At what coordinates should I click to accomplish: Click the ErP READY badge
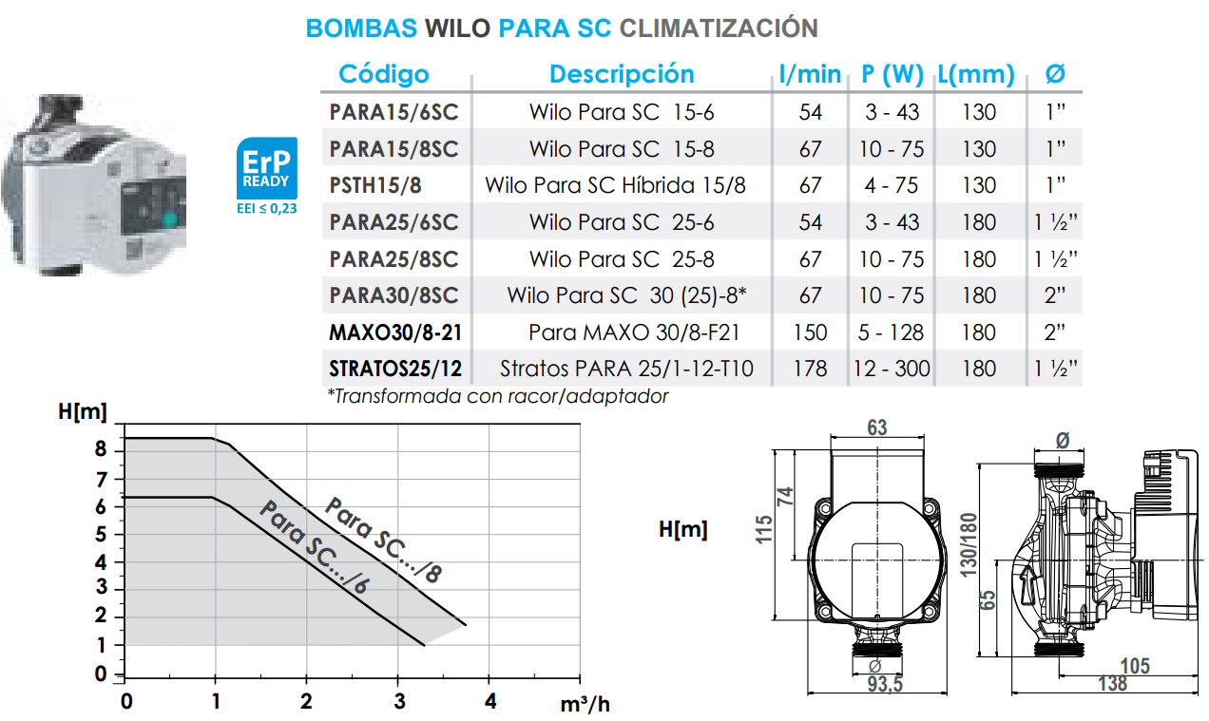266,168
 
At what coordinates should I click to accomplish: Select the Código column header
384,74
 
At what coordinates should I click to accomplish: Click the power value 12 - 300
891,369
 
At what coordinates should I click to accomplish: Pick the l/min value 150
810,332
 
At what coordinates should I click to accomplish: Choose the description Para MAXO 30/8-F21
634,332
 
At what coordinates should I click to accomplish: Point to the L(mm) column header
975,74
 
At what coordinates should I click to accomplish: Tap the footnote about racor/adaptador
497,396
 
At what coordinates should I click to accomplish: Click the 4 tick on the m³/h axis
489,702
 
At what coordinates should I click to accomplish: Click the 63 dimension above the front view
876,427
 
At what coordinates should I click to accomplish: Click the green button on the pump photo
171,220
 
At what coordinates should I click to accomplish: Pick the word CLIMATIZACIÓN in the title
719,28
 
